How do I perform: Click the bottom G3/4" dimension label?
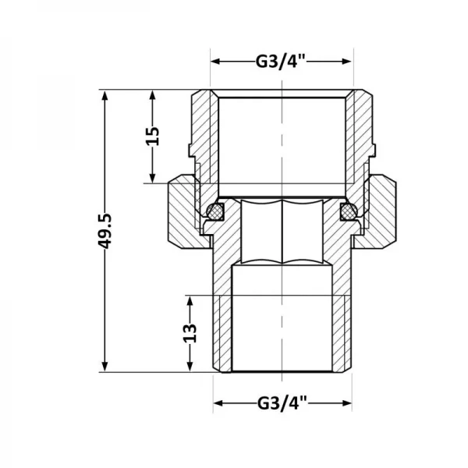click(x=282, y=403)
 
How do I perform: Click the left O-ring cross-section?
click(x=216, y=211)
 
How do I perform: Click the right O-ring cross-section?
click(x=346, y=211)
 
